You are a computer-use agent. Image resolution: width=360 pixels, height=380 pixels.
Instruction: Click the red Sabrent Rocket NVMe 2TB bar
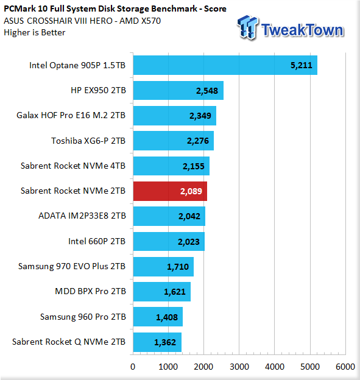point(170,191)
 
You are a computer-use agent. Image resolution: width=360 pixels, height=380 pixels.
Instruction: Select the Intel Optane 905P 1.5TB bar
point(225,65)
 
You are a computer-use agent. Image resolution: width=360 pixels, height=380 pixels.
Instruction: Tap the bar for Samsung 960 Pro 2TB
point(158,317)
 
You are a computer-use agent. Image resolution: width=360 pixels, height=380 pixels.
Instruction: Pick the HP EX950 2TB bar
point(178,90)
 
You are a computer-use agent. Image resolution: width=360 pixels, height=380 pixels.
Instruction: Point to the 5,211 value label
point(302,65)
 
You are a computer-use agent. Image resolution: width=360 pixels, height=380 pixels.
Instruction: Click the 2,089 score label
point(191,191)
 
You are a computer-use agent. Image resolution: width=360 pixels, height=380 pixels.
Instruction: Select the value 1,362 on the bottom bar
point(165,342)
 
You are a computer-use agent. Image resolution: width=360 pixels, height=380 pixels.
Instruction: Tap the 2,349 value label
point(200,116)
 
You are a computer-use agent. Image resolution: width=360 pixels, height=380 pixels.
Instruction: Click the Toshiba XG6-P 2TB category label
point(88,141)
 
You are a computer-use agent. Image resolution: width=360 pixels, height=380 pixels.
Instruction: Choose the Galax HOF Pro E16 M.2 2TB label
point(71,115)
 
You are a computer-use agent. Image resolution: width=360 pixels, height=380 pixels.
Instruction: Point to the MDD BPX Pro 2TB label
point(90,291)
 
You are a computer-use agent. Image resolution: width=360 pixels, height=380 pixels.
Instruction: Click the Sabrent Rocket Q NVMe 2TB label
point(69,342)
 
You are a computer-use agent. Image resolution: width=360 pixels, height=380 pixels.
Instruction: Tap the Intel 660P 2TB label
point(97,241)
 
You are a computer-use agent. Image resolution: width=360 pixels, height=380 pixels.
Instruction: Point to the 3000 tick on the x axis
point(239,367)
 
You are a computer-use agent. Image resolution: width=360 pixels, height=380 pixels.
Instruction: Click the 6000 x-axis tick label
point(345,367)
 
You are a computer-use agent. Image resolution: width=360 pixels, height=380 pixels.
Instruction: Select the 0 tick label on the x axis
point(133,367)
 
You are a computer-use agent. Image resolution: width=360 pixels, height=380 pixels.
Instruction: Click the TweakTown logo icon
point(247,27)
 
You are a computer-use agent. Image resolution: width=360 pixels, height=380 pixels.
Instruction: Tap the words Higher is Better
point(35,32)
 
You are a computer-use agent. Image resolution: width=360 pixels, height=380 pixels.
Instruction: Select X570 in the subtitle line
point(151,21)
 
